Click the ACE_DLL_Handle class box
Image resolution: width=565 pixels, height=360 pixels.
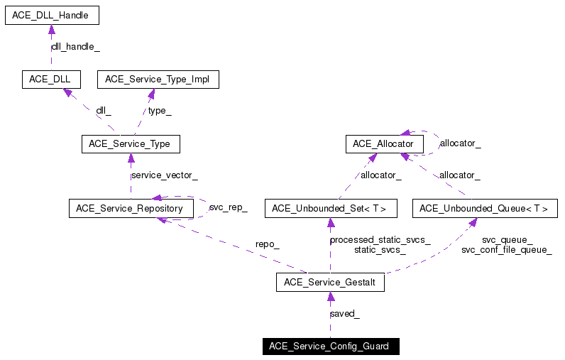pyautogui.click(x=51, y=15)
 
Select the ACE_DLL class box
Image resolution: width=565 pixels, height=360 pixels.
pyautogui.click(x=51, y=79)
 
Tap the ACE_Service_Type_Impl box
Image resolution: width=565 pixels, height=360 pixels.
pyautogui.click(x=158, y=79)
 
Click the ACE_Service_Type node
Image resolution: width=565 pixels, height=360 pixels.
pyautogui.click(x=130, y=144)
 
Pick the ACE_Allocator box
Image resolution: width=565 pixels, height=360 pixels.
pyautogui.click(x=384, y=144)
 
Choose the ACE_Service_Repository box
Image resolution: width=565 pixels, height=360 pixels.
pyautogui.click(x=130, y=209)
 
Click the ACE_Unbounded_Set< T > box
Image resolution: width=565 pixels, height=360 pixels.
pyautogui.click(x=330, y=209)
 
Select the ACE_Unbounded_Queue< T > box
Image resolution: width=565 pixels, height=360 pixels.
pyautogui.click(x=484, y=209)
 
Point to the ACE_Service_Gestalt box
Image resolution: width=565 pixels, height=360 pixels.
pyautogui.click(x=330, y=283)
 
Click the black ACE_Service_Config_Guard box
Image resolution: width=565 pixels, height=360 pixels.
pyautogui.click(x=330, y=347)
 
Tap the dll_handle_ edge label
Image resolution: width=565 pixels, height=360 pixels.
pyautogui.click(x=75, y=47)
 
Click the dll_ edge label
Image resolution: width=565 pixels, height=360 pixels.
pyautogui.click(x=104, y=111)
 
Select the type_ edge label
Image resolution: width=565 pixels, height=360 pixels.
pyautogui.click(x=160, y=111)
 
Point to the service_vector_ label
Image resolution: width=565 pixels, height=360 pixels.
pyautogui.click(x=165, y=175)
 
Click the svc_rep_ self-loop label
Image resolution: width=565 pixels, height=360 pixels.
pyautogui.click(x=228, y=208)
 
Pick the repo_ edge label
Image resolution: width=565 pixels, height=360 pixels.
pyautogui.click(x=268, y=245)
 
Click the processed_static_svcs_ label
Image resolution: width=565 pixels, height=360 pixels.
pyautogui.click(x=380, y=240)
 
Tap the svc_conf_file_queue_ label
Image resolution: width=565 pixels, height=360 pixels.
pyautogui.click(x=506, y=250)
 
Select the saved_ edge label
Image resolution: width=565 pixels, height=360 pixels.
pyautogui.click(x=344, y=314)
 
